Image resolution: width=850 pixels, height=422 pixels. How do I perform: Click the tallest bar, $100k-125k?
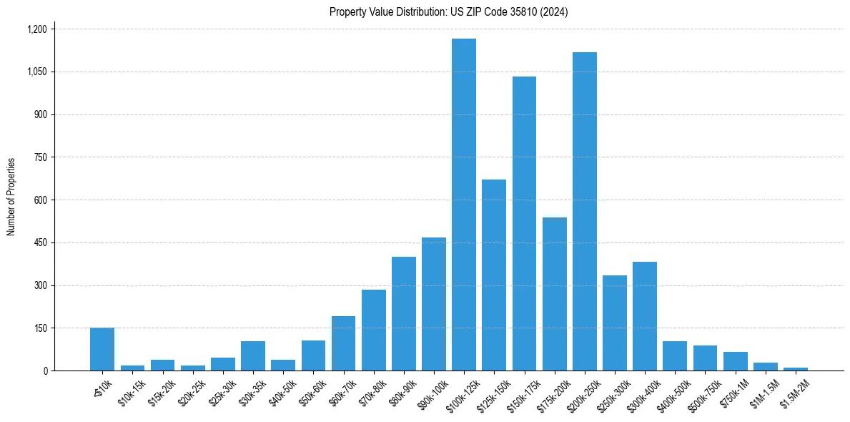tap(464, 205)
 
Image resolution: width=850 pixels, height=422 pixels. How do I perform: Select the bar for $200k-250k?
tap(585, 212)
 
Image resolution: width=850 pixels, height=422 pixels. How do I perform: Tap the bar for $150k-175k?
tap(524, 224)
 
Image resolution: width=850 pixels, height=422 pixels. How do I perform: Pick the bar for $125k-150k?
tap(494, 275)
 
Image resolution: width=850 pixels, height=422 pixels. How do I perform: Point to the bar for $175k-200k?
tap(555, 294)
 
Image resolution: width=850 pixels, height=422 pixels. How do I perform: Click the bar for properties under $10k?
tap(102, 349)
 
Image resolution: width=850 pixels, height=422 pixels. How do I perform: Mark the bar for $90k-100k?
tap(434, 304)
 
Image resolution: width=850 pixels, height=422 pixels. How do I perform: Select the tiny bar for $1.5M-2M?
tap(796, 369)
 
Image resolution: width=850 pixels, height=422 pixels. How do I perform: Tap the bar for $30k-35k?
tap(253, 356)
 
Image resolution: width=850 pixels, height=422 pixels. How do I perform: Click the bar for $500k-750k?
tap(706, 358)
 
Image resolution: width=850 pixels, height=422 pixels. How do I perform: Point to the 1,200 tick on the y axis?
tap(36, 29)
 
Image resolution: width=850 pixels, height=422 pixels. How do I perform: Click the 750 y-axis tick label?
tap(40, 157)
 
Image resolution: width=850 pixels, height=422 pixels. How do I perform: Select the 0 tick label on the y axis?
tap(46, 371)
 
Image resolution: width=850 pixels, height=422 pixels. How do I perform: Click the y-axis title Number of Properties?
tap(11, 197)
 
